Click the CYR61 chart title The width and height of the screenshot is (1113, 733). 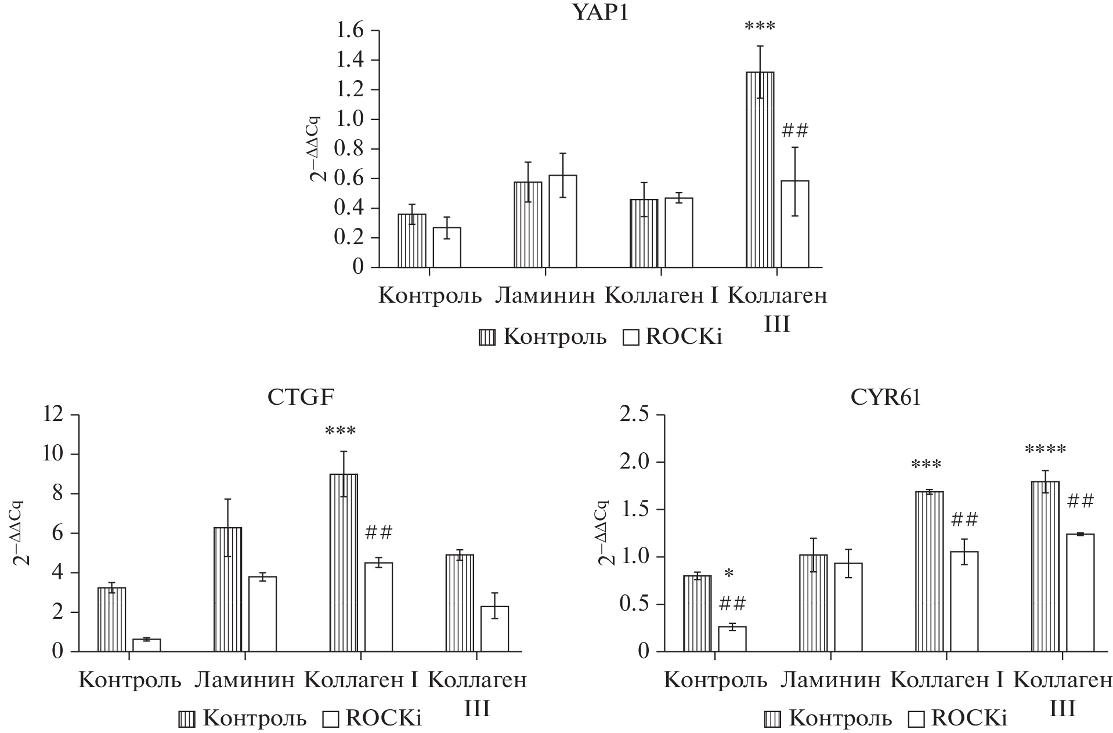(887, 398)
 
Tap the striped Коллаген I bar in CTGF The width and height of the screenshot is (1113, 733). (344, 563)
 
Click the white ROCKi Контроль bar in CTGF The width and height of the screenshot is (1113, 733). (146, 645)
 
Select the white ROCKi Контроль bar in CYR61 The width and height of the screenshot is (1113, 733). (732, 638)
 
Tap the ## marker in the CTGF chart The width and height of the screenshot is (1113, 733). (379, 532)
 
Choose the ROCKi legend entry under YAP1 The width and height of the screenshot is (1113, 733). (673, 337)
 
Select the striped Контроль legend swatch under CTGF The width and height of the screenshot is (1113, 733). (187, 720)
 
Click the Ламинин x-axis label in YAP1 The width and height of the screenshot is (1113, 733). (545, 296)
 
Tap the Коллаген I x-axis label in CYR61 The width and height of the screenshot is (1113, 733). (947, 680)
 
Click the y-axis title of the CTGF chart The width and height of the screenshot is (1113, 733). (22, 532)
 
